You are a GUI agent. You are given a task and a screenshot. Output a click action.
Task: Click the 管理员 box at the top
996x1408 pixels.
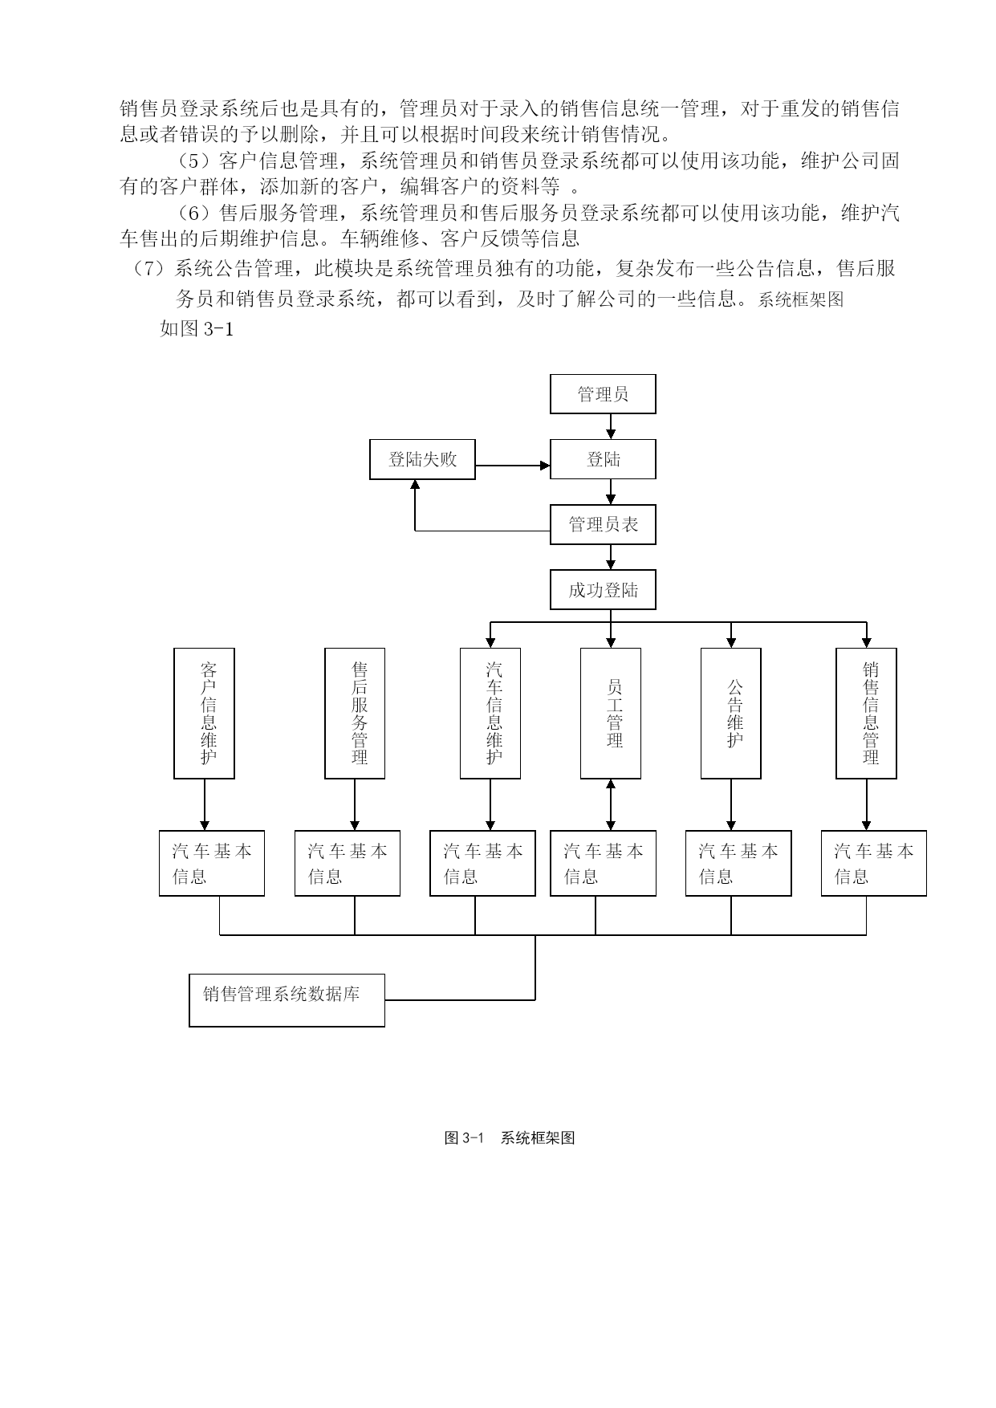click(x=603, y=394)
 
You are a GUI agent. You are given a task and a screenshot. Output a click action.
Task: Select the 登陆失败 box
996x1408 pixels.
click(x=422, y=459)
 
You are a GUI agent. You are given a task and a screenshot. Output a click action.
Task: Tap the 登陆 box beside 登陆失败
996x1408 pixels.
click(x=603, y=459)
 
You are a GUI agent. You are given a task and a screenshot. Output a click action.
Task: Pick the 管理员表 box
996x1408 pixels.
click(x=603, y=525)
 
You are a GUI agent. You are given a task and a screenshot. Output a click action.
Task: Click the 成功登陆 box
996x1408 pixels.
click(x=603, y=590)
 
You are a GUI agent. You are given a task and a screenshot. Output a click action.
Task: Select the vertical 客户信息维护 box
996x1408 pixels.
click(x=205, y=713)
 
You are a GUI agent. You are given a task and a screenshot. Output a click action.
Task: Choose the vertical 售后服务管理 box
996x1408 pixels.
click(x=355, y=713)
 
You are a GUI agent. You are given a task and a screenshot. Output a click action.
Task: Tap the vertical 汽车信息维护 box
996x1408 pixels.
click(x=490, y=713)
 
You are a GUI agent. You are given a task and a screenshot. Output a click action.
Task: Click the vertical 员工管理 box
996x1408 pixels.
click(x=611, y=713)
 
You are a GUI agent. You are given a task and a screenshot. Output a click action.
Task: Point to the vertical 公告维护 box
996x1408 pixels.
click(x=731, y=713)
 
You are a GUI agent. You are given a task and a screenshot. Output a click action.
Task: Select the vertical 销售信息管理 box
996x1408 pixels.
click(x=866, y=713)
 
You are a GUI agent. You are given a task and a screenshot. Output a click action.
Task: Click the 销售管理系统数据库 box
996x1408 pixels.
click(x=287, y=999)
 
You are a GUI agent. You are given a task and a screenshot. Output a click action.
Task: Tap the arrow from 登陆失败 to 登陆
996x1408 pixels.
click(x=513, y=465)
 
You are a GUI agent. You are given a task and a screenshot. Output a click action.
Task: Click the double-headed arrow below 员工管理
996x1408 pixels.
click(x=611, y=804)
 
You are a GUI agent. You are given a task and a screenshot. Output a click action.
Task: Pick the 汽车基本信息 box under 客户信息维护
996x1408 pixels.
click(x=212, y=863)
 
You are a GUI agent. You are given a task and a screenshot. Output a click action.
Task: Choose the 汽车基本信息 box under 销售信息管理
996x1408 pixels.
click(x=874, y=863)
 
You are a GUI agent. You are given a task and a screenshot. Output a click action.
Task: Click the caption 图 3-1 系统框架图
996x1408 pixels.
click(x=510, y=1137)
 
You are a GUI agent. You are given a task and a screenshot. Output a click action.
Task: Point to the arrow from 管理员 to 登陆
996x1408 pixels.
click(x=611, y=426)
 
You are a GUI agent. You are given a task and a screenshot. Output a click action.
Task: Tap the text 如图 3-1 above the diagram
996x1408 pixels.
click(x=197, y=328)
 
